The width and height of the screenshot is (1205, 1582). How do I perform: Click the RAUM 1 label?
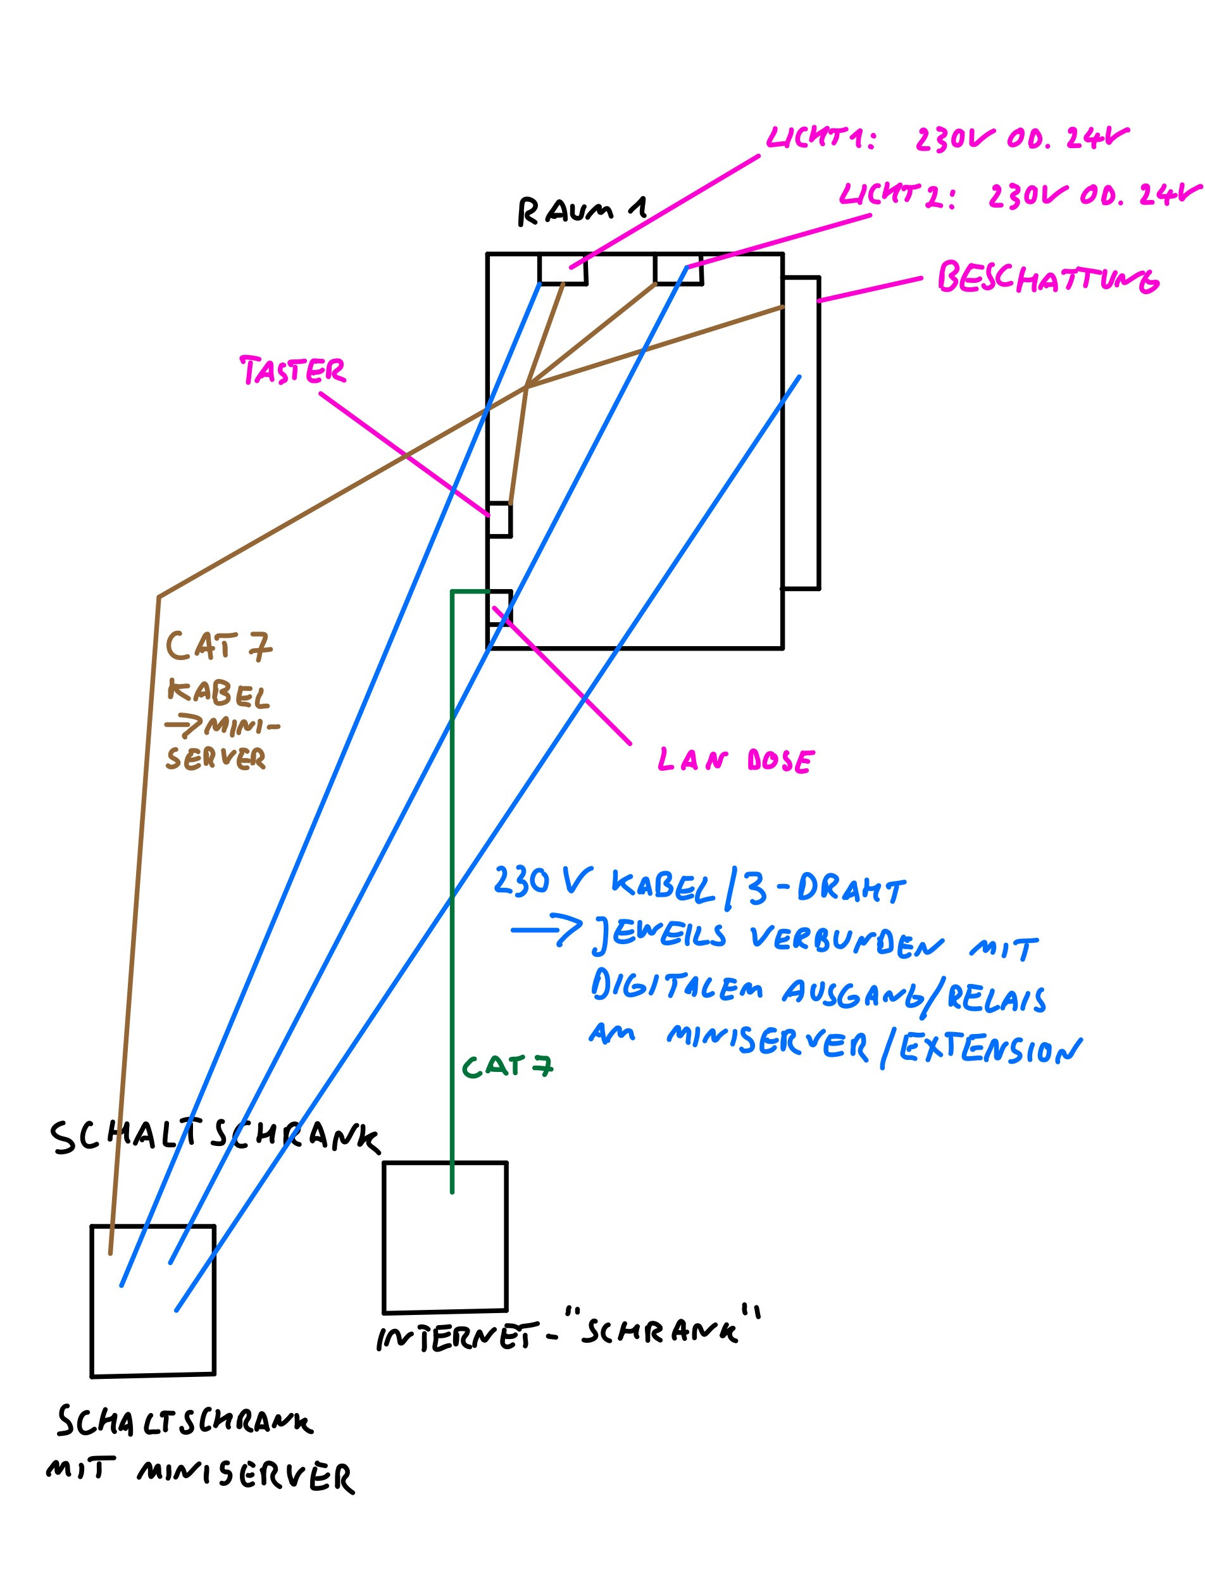(x=581, y=211)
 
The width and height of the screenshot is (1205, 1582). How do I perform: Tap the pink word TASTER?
(x=292, y=370)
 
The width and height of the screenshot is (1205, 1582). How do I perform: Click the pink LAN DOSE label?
(x=736, y=760)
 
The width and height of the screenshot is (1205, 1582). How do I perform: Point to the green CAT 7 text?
(x=507, y=1066)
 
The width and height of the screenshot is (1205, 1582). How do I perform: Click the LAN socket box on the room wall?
(x=500, y=608)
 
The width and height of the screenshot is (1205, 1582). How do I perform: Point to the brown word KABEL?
(x=218, y=693)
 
